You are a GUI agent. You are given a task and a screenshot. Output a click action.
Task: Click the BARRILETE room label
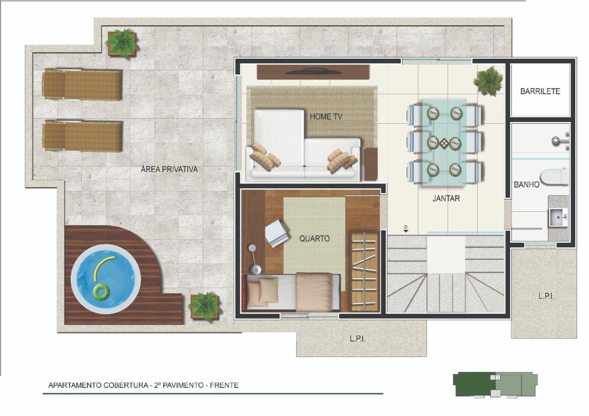pos(540,91)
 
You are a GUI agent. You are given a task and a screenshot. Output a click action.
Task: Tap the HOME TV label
pos(326,116)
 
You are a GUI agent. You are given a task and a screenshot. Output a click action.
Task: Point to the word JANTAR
pos(446,198)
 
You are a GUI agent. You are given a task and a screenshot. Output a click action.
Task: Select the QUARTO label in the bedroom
pos(315,238)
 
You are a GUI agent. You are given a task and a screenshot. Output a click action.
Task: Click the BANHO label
pos(526,185)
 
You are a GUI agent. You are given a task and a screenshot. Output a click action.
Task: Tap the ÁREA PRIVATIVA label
pos(169,169)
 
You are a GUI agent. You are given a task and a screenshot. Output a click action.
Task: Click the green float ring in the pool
pos(101,291)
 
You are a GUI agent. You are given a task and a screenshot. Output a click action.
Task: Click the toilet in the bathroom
pos(554,177)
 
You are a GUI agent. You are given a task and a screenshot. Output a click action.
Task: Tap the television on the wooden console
pos(314,72)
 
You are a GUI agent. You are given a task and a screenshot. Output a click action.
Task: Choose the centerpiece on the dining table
pos(444,143)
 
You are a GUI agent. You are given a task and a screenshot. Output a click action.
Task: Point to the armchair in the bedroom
pos(277,234)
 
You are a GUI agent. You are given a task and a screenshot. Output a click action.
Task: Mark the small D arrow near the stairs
pos(406,229)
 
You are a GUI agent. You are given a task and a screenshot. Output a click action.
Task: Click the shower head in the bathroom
pos(556,141)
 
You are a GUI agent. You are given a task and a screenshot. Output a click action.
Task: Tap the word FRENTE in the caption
pos(224,385)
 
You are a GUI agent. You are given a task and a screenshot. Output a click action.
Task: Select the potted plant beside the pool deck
pos(205,306)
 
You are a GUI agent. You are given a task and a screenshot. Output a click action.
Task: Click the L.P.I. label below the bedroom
pos(358,339)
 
